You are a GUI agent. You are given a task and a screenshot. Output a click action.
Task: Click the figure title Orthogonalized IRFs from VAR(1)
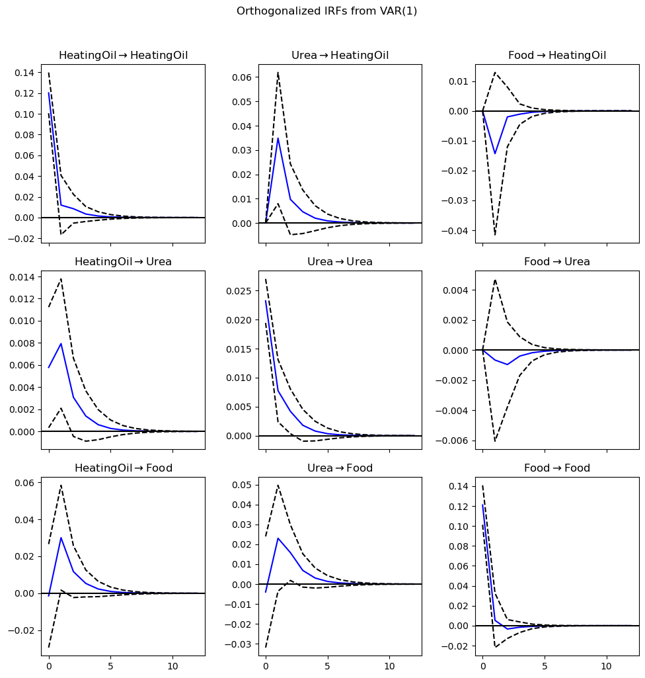click(326, 11)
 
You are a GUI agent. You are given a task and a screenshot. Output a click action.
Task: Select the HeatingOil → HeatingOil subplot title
click(123, 55)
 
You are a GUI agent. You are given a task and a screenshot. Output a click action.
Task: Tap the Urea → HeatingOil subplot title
click(340, 55)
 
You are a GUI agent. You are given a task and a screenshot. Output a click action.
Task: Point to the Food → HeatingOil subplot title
click(557, 55)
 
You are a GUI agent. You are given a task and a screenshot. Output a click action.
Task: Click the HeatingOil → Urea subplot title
click(123, 261)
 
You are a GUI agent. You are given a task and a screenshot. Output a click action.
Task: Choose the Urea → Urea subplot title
click(340, 261)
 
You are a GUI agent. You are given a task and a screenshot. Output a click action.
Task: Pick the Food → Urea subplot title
click(557, 261)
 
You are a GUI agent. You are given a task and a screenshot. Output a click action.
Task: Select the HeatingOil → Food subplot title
click(123, 468)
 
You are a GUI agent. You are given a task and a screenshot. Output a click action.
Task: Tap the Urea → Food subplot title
click(340, 468)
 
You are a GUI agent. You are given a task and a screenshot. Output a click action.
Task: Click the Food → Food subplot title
click(557, 468)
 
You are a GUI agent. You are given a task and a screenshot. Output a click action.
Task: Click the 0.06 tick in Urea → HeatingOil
click(242, 77)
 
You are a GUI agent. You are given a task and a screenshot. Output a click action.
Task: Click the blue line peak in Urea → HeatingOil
click(278, 138)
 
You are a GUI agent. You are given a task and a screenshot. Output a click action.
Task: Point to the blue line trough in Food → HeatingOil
click(495, 154)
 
